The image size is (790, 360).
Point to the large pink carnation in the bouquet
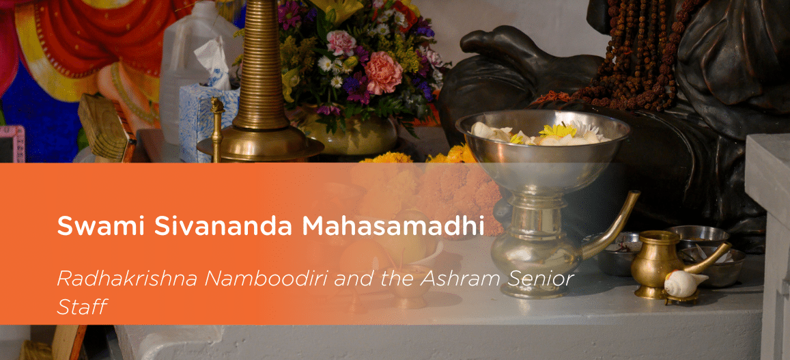point(383,73)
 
